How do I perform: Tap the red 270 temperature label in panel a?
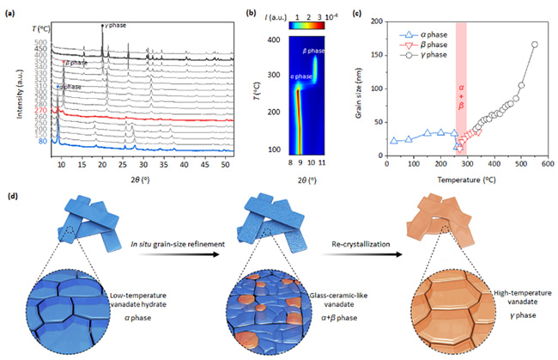pos(41,110)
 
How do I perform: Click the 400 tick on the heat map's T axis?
pos(275,40)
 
